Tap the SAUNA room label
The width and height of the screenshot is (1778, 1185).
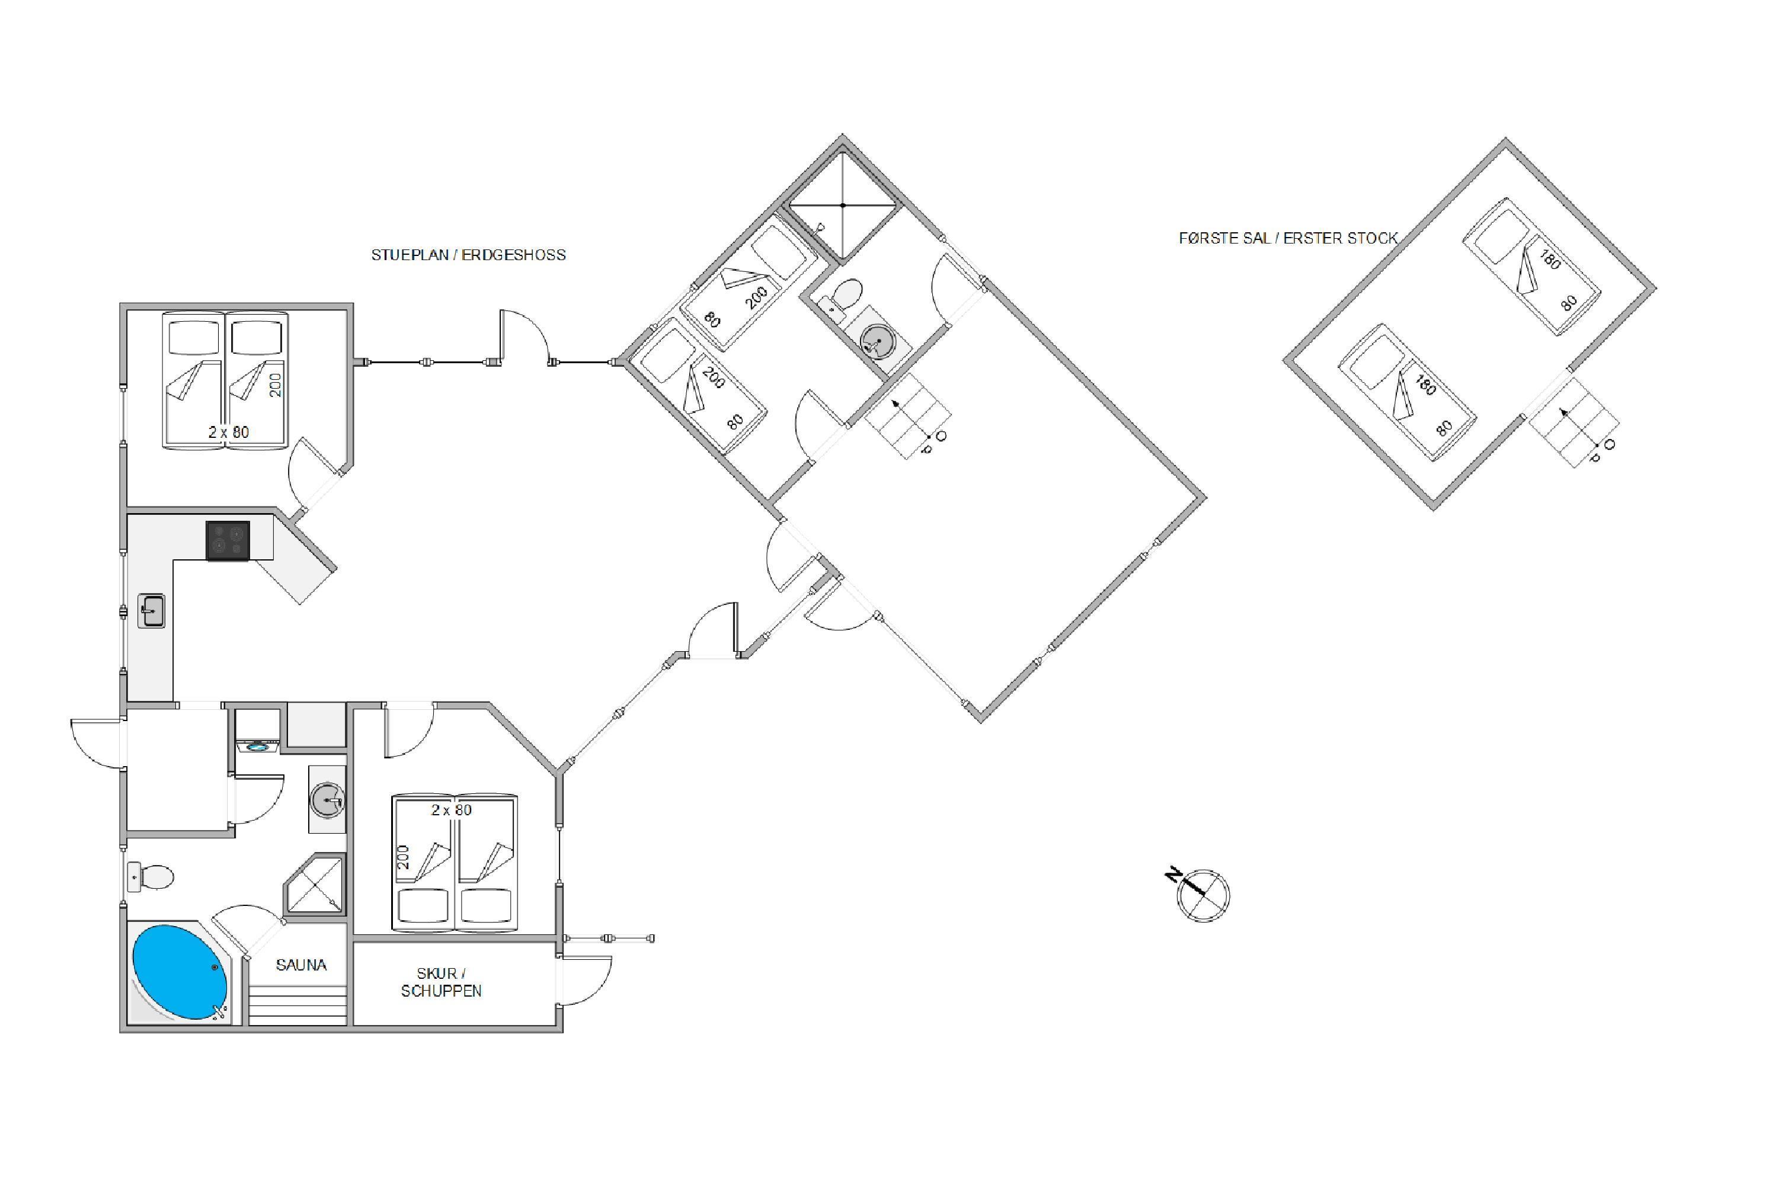(301, 965)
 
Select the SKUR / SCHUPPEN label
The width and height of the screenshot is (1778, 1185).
(441, 982)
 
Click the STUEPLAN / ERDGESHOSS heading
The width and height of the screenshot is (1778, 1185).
(468, 255)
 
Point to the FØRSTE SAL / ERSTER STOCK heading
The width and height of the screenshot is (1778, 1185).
(1288, 238)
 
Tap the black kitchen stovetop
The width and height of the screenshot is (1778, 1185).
(228, 540)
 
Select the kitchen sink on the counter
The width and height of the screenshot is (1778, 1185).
(151, 611)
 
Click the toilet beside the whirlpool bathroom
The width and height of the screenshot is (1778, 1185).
(151, 877)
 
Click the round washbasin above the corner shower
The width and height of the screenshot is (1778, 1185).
(327, 799)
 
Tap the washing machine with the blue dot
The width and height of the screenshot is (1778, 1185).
(258, 747)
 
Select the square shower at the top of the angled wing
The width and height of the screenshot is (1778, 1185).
(842, 205)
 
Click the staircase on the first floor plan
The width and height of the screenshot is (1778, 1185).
(1573, 423)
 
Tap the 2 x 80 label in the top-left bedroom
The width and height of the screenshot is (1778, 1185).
(229, 433)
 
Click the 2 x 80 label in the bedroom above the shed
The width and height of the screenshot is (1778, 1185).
(451, 810)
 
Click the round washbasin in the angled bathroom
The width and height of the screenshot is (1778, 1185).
(876, 340)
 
